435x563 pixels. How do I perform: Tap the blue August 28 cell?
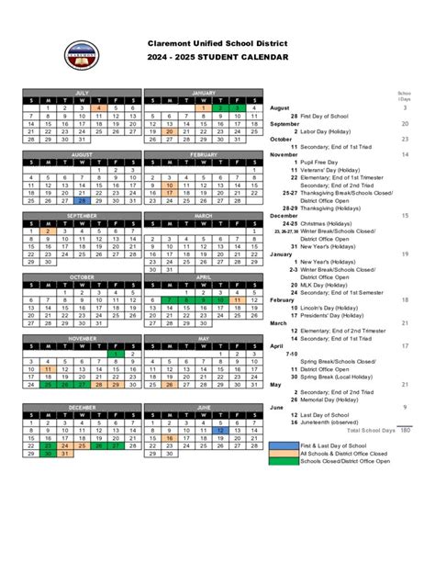81,200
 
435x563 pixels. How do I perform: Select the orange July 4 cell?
98,108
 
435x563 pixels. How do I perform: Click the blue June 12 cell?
220,429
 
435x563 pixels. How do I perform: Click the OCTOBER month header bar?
82,276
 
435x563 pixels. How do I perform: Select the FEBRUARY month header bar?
204,154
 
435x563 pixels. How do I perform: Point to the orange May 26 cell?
170,384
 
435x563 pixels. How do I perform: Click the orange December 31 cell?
64,453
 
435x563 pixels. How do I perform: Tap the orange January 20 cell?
170,131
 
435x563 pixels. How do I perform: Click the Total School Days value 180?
405,430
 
